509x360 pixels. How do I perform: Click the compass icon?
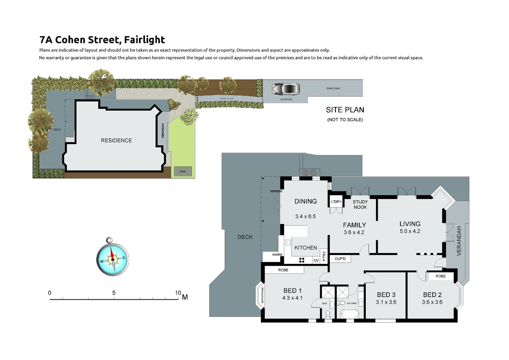pyautogui.click(x=113, y=257)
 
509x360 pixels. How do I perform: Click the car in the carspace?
pyautogui.click(x=285, y=89)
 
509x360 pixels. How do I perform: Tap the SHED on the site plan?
pyautogui.click(x=183, y=171)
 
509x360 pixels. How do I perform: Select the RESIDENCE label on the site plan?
pyautogui.click(x=116, y=140)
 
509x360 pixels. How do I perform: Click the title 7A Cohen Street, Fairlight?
pyautogui.click(x=102, y=40)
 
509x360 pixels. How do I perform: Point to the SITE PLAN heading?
pyautogui.click(x=345, y=110)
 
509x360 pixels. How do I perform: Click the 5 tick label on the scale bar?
pyautogui.click(x=114, y=293)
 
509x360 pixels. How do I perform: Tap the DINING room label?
pyautogui.click(x=305, y=201)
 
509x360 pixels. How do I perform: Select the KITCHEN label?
pyautogui.click(x=305, y=248)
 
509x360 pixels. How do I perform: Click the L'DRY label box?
pyautogui.click(x=336, y=202)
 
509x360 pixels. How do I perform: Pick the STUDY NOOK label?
pyautogui.click(x=360, y=204)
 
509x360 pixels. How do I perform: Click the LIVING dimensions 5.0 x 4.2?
pyautogui.click(x=410, y=231)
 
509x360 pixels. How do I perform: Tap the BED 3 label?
pyautogui.click(x=386, y=295)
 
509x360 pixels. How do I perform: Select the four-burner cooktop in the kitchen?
pyautogui.click(x=302, y=260)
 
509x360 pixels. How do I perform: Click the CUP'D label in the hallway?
pyautogui.click(x=340, y=259)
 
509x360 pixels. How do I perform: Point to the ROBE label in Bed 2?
pyautogui.click(x=440, y=276)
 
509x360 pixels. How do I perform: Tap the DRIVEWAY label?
pyautogui.click(x=333, y=88)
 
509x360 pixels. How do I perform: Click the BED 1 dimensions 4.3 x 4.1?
pyautogui.click(x=292, y=298)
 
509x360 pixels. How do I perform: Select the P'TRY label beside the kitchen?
pyautogui.click(x=324, y=256)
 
